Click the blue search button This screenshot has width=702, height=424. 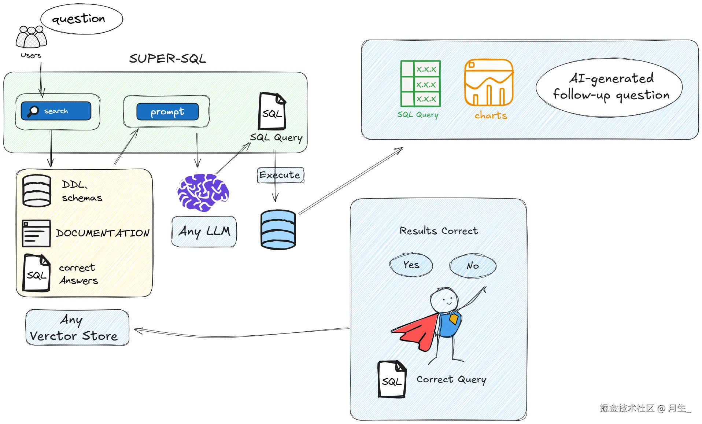click(x=56, y=111)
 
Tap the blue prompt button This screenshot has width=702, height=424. click(x=167, y=111)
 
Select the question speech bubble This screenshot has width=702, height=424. click(x=81, y=19)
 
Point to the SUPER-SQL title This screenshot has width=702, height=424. click(x=167, y=58)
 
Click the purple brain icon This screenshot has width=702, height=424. click(x=203, y=192)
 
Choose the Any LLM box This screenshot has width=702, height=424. click(x=204, y=231)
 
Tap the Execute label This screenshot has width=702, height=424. click(x=280, y=175)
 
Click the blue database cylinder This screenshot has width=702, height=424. click(x=278, y=230)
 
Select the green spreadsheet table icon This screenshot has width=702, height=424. click(x=420, y=84)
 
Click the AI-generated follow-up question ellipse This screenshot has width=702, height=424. click(x=609, y=87)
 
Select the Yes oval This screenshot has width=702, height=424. click(x=411, y=265)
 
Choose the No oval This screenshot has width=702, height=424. click(x=473, y=265)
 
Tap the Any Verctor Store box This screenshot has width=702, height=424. click(x=77, y=327)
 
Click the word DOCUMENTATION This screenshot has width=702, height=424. click(x=103, y=233)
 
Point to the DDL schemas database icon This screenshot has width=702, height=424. click(x=37, y=191)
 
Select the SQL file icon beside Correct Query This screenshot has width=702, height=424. click(x=392, y=379)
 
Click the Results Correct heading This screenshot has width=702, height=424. click(x=438, y=231)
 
